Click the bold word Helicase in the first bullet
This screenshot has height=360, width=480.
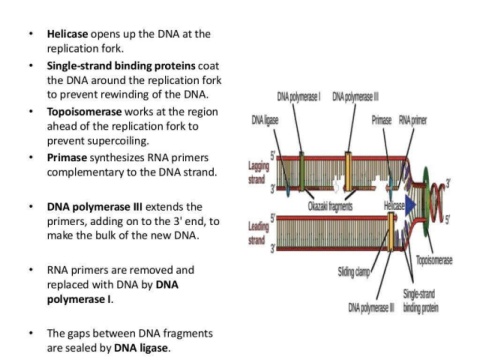click(x=67, y=34)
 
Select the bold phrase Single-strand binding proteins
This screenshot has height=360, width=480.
click(x=121, y=66)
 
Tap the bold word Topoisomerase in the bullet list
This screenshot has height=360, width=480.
click(x=84, y=112)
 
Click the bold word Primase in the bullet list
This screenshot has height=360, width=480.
click(x=67, y=157)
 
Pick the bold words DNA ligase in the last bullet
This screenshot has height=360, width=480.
click(x=141, y=348)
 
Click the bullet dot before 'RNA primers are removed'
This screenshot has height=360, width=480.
click(x=31, y=270)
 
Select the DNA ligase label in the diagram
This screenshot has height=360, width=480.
click(x=265, y=120)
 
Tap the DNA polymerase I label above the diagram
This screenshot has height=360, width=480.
click(x=299, y=97)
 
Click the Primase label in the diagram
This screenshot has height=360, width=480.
click(x=382, y=120)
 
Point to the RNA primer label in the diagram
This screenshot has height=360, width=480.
click(x=413, y=120)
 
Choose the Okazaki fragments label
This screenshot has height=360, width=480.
click(x=330, y=206)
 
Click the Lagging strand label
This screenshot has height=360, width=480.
click(x=258, y=173)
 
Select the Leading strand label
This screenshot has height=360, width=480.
click(x=258, y=233)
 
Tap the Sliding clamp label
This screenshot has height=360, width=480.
click(x=354, y=272)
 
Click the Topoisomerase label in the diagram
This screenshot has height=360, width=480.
click(x=434, y=260)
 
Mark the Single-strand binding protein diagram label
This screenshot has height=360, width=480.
click(x=420, y=301)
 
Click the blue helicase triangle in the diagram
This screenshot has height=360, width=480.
click(x=410, y=205)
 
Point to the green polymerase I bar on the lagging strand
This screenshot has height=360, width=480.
click(x=301, y=172)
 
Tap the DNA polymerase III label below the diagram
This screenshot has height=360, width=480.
click(x=371, y=308)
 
